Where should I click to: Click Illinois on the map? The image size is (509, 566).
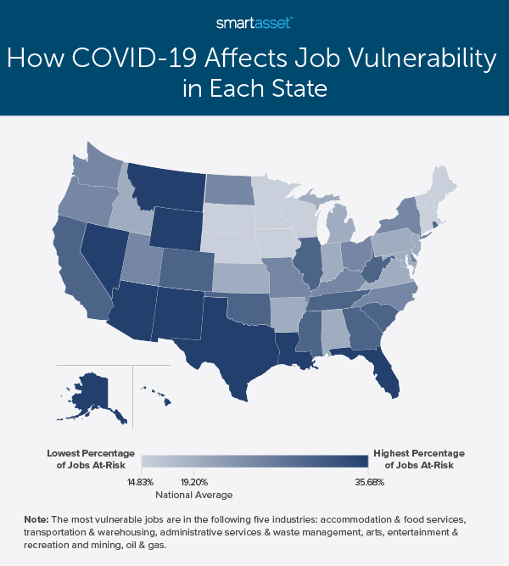(x=308, y=259)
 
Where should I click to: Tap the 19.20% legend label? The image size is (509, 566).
(x=194, y=479)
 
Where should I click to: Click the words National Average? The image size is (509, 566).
(x=194, y=494)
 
